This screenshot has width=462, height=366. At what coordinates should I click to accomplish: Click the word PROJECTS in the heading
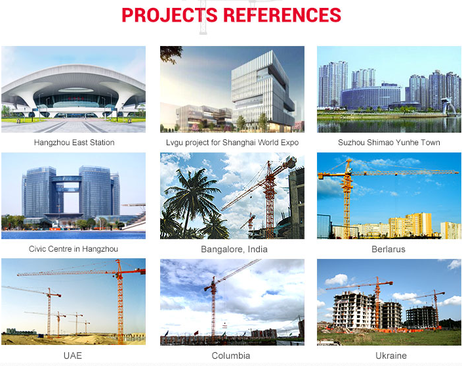[x=170, y=15]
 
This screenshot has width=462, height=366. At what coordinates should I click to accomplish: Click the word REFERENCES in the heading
[x=282, y=15]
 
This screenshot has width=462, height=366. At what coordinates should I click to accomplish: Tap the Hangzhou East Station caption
[x=74, y=143]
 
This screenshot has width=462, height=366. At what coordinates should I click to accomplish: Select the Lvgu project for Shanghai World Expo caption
[x=232, y=143]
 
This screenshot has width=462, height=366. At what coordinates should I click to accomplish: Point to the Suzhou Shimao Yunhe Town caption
[x=389, y=143]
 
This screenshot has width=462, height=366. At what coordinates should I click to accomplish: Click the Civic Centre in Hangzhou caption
[x=73, y=249]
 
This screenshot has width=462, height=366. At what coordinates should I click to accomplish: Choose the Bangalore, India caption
[x=234, y=249]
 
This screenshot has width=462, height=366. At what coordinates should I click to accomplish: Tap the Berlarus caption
[x=388, y=249]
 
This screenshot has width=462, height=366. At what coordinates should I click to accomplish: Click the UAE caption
[x=73, y=355]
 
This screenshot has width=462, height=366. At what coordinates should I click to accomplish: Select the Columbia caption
[x=231, y=355]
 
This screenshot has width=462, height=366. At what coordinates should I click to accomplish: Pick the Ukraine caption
[x=391, y=355]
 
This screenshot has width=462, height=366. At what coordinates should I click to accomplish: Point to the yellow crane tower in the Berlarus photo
[x=347, y=200]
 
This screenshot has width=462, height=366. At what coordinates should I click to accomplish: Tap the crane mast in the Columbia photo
[x=213, y=309]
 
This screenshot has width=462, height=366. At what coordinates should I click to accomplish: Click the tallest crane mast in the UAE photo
[x=120, y=304]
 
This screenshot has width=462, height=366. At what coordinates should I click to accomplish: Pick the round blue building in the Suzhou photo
[x=371, y=97]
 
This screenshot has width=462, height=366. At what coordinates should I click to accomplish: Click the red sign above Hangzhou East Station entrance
[x=73, y=99]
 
